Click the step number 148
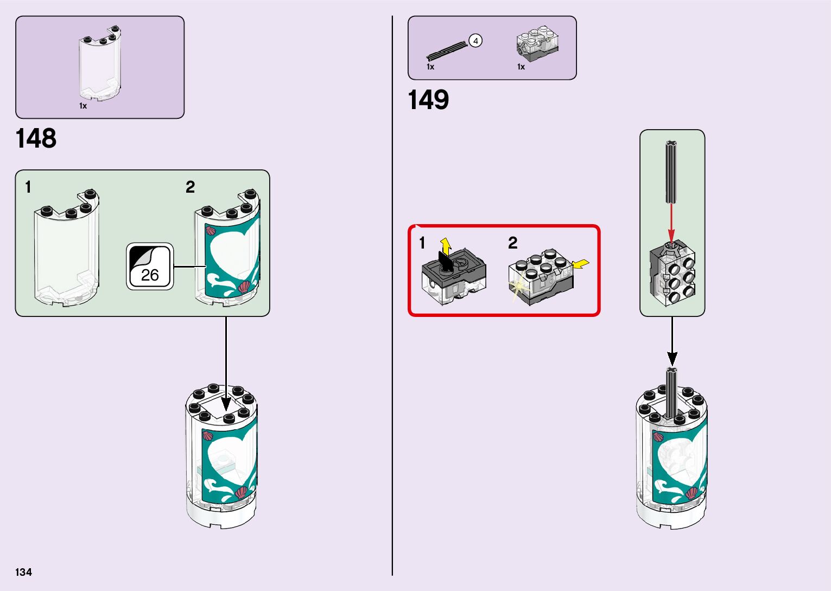pos(36,138)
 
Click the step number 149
pos(428,100)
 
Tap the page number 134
pos(23,572)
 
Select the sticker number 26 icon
pos(150,266)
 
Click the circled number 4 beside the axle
pos(475,41)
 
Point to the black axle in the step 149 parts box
pos(447,50)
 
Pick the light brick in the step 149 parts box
pos(537,42)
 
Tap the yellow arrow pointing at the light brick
pos(581,264)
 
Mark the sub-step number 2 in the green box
pos(190,187)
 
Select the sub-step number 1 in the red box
pos(422,243)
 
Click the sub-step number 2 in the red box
pos(512,243)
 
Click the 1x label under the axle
pos(430,67)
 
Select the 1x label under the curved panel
pos(83,106)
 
